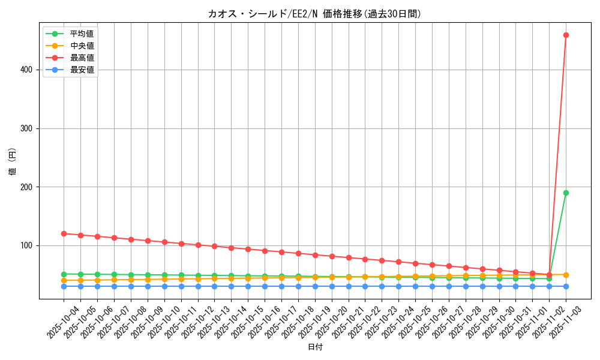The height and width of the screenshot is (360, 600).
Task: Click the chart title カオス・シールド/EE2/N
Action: (314, 14)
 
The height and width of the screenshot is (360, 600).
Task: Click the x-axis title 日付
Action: (315, 347)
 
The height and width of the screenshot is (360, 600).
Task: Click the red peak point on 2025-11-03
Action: (566, 35)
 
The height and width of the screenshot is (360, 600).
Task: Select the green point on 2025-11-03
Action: (566, 193)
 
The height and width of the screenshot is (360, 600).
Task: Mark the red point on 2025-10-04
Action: (64, 233)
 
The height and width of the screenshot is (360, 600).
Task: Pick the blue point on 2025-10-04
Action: (64, 286)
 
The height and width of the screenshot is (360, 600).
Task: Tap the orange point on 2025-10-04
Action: (64, 280)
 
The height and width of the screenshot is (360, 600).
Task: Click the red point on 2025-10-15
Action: (248, 249)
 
